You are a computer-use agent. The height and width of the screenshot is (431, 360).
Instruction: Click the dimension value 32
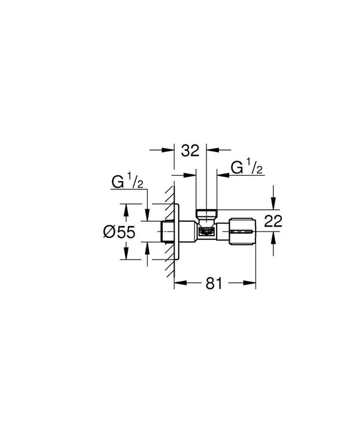click(x=190, y=150)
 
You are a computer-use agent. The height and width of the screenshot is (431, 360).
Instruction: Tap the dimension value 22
click(x=273, y=221)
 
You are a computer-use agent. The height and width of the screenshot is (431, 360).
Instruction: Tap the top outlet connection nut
click(x=206, y=213)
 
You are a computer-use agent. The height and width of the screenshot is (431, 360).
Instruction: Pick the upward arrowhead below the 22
click(x=273, y=237)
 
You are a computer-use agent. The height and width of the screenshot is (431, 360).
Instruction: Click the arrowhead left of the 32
click(x=170, y=150)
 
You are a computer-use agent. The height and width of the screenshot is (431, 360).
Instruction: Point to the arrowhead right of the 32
click(x=211, y=150)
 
